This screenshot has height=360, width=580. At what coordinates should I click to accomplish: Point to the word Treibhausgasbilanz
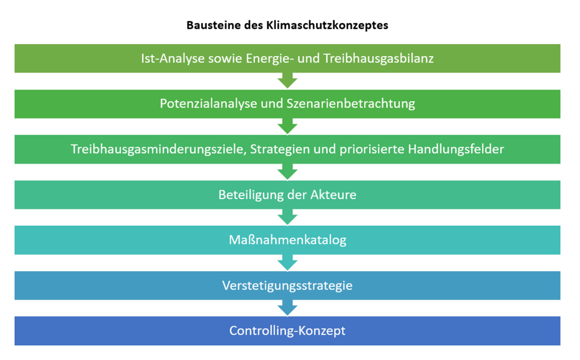pos(378,58)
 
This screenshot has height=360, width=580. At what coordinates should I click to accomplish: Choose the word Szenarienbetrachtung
pos(351,104)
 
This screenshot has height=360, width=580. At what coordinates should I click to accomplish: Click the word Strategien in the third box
pos(280,149)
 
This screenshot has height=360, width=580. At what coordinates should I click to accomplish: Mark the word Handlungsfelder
pos(456,149)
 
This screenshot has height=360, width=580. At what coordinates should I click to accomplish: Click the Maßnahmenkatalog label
pos(287,240)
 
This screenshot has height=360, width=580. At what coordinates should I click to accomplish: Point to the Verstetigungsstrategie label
pos(287,285)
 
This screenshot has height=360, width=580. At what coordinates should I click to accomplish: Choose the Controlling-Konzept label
pos(287,331)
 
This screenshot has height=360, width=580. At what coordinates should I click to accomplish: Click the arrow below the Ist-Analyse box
pos(287,80)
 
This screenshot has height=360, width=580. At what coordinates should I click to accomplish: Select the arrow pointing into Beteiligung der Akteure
pos(287,172)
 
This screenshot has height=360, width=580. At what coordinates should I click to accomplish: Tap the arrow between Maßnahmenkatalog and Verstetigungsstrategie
pos(287,263)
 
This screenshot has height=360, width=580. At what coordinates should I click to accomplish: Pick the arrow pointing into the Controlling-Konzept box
pos(287,308)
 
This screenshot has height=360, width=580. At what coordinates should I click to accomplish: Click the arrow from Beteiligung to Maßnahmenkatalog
pos(287,217)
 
